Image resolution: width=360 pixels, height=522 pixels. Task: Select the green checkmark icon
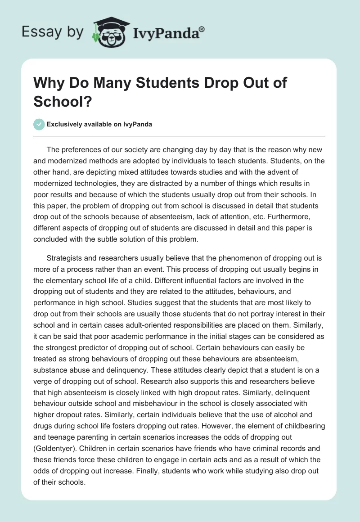pyautogui.click(x=40, y=124)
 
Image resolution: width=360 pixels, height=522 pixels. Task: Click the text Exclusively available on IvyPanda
pyautogui.click(x=99, y=124)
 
